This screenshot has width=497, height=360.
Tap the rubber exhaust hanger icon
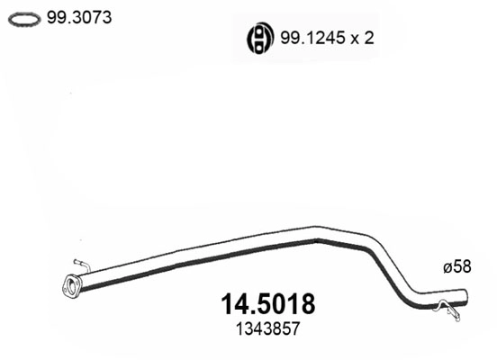click(259, 38)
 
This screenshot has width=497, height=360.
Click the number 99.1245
click(307, 38)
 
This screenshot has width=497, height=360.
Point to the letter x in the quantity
click(346, 39)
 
